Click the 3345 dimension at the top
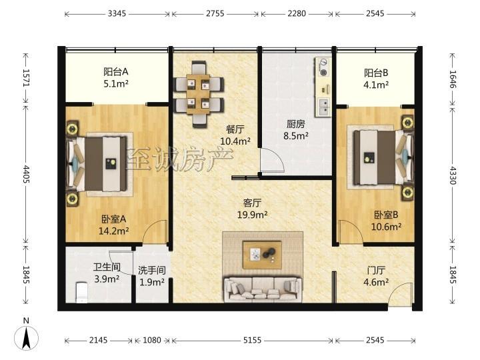tap(117, 13)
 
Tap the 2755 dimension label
tap(215, 13)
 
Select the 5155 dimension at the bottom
tap(252, 340)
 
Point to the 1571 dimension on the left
tap(26, 78)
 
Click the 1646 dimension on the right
tap(453, 79)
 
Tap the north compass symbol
tap(26, 336)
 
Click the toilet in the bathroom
tap(81, 293)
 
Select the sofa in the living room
tap(263, 289)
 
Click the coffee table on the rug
tap(262, 255)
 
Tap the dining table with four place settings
tap(199, 94)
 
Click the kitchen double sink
tap(323, 107)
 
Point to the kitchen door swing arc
tap(277, 156)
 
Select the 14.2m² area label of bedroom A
tap(113, 231)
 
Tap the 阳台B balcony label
tap(376, 73)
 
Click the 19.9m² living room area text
tap(252, 215)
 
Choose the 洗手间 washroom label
tap(152, 270)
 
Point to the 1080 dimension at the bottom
tap(152, 340)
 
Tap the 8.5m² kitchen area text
tap(296, 135)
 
